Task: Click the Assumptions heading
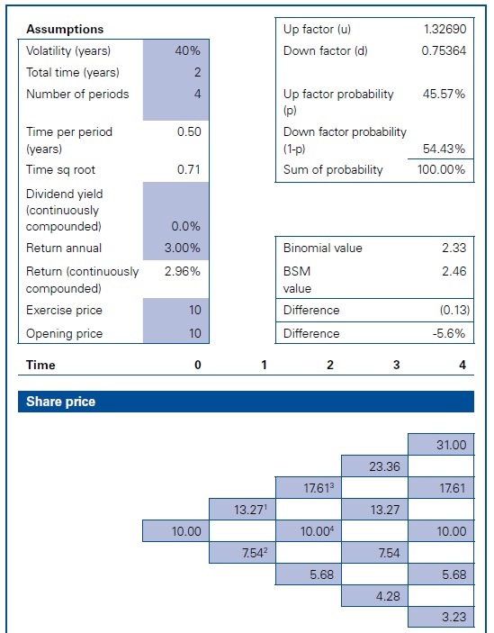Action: coord(65,30)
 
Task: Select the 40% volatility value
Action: coord(187,50)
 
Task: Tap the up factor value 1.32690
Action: coord(445,30)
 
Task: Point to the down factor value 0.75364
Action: coord(445,50)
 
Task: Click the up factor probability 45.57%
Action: coord(445,94)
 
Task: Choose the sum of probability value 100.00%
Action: coord(442,169)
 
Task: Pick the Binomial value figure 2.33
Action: coord(454,248)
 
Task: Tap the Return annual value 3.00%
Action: coord(184,248)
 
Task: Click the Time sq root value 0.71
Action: coord(189,169)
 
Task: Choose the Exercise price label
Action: coord(64,310)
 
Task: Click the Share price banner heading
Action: coord(57,402)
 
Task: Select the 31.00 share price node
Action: coord(441,445)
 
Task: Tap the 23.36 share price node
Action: coord(374,466)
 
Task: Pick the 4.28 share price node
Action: coord(374,596)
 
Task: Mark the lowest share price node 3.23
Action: coord(441,618)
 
